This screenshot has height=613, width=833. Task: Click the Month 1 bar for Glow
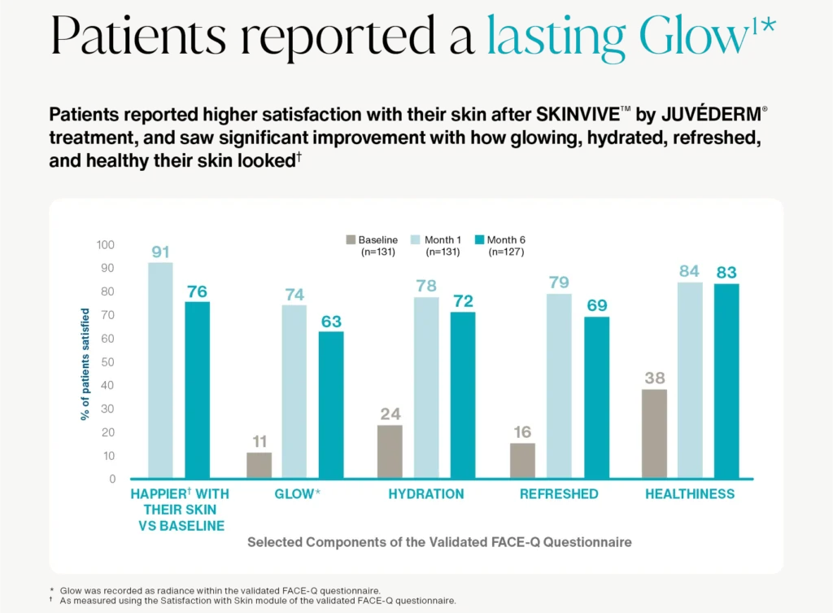point(294,392)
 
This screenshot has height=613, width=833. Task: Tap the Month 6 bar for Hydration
point(462,395)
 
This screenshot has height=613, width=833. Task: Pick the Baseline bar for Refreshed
point(522,461)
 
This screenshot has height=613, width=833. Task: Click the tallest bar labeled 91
point(160,370)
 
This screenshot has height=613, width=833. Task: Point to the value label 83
point(726,273)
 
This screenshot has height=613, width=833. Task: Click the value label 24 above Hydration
point(390,414)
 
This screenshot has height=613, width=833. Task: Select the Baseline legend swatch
point(351,240)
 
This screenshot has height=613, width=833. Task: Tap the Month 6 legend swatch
point(480,240)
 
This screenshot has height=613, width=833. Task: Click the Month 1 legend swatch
point(416,240)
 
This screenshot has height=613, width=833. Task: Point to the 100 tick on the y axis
point(107,245)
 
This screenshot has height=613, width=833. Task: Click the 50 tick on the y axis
point(109,362)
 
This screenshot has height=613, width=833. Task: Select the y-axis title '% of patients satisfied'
point(85,364)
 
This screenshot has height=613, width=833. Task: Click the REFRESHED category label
point(559,494)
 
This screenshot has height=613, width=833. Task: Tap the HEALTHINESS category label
point(690,494)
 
